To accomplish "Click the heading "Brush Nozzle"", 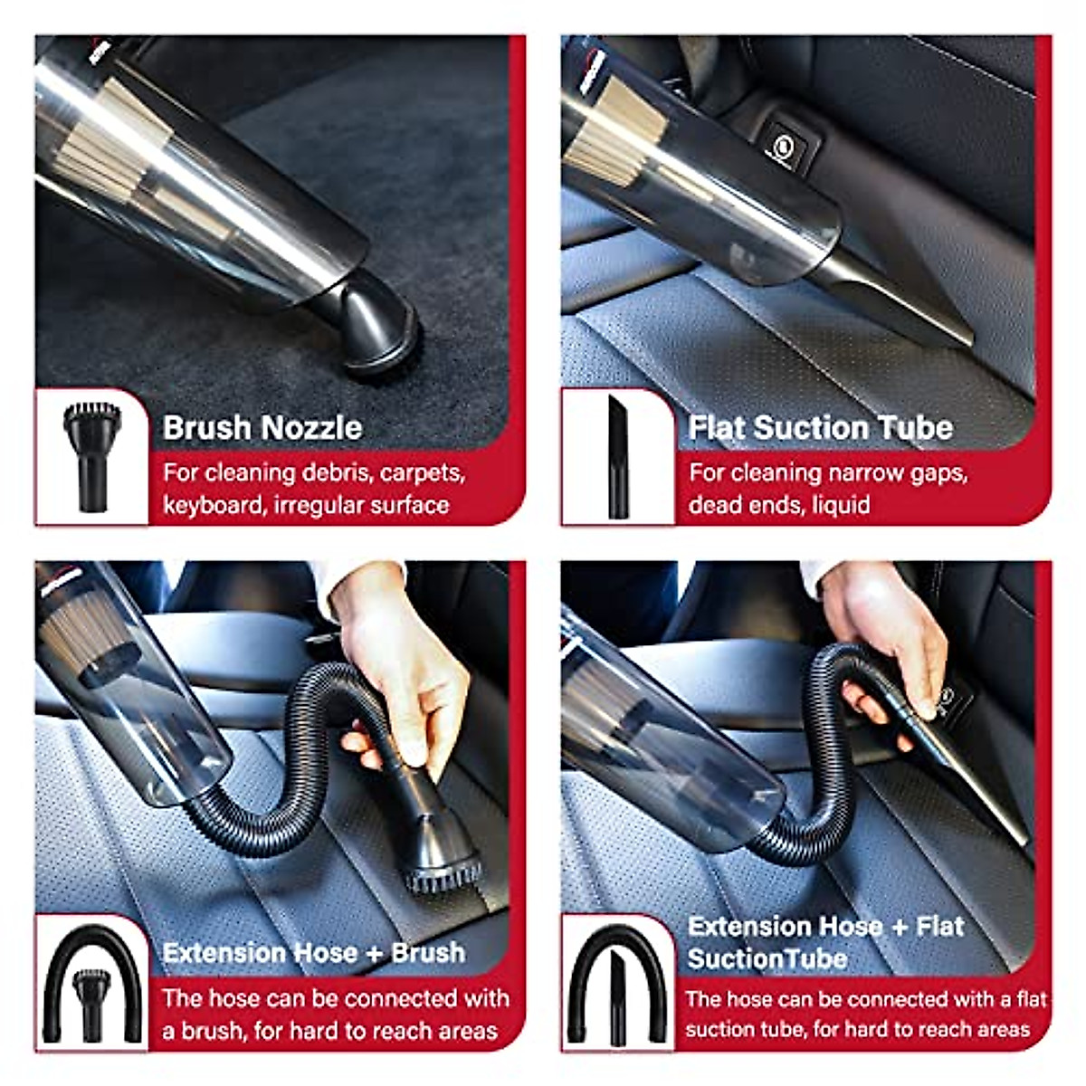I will pos(262,428).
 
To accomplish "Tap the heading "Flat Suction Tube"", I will pos(820,428).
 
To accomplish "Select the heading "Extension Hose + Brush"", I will pos(313,953).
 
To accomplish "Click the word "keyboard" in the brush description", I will pos(214,505).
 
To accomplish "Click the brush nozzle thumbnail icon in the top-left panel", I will pos(91,456).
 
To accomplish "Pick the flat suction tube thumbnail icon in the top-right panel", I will pos(618,456).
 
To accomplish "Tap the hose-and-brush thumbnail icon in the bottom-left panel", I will pos(91,985).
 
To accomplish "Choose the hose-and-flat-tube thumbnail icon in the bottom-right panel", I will pos(618,985).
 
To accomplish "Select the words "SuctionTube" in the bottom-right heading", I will pos(767,958).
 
